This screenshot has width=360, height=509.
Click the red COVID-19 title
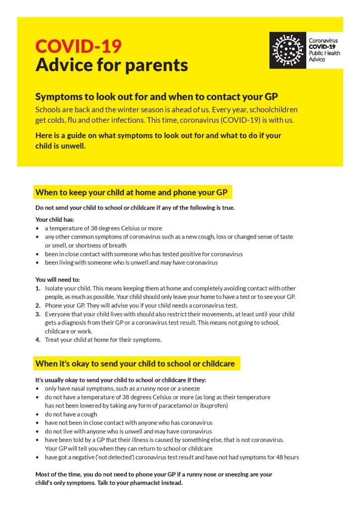click(x=78, y=46)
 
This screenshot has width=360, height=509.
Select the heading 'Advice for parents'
click(x=111, y=65)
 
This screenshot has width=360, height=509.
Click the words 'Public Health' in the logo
click(x=325, y=53)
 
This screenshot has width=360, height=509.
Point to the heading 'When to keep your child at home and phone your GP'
click(x=131, y=192)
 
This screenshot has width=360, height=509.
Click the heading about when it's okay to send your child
click(x=135, y=363)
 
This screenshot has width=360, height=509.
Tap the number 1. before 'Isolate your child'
click(x=38, y=288)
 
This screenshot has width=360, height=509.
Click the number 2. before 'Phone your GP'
click(x=38, y=305)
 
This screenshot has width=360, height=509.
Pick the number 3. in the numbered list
click(x=38, y=314)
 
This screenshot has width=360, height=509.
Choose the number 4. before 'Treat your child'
click(x=38, y=340)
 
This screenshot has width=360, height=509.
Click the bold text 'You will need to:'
click(x=58, y=279)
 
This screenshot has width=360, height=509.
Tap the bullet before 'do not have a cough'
click(x=38, y=414)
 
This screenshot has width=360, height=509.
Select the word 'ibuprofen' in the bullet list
click(x=213, y=406)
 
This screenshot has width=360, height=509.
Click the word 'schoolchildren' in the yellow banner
click(x=272, y=109)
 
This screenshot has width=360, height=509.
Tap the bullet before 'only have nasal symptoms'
click(x=38, y=389)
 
